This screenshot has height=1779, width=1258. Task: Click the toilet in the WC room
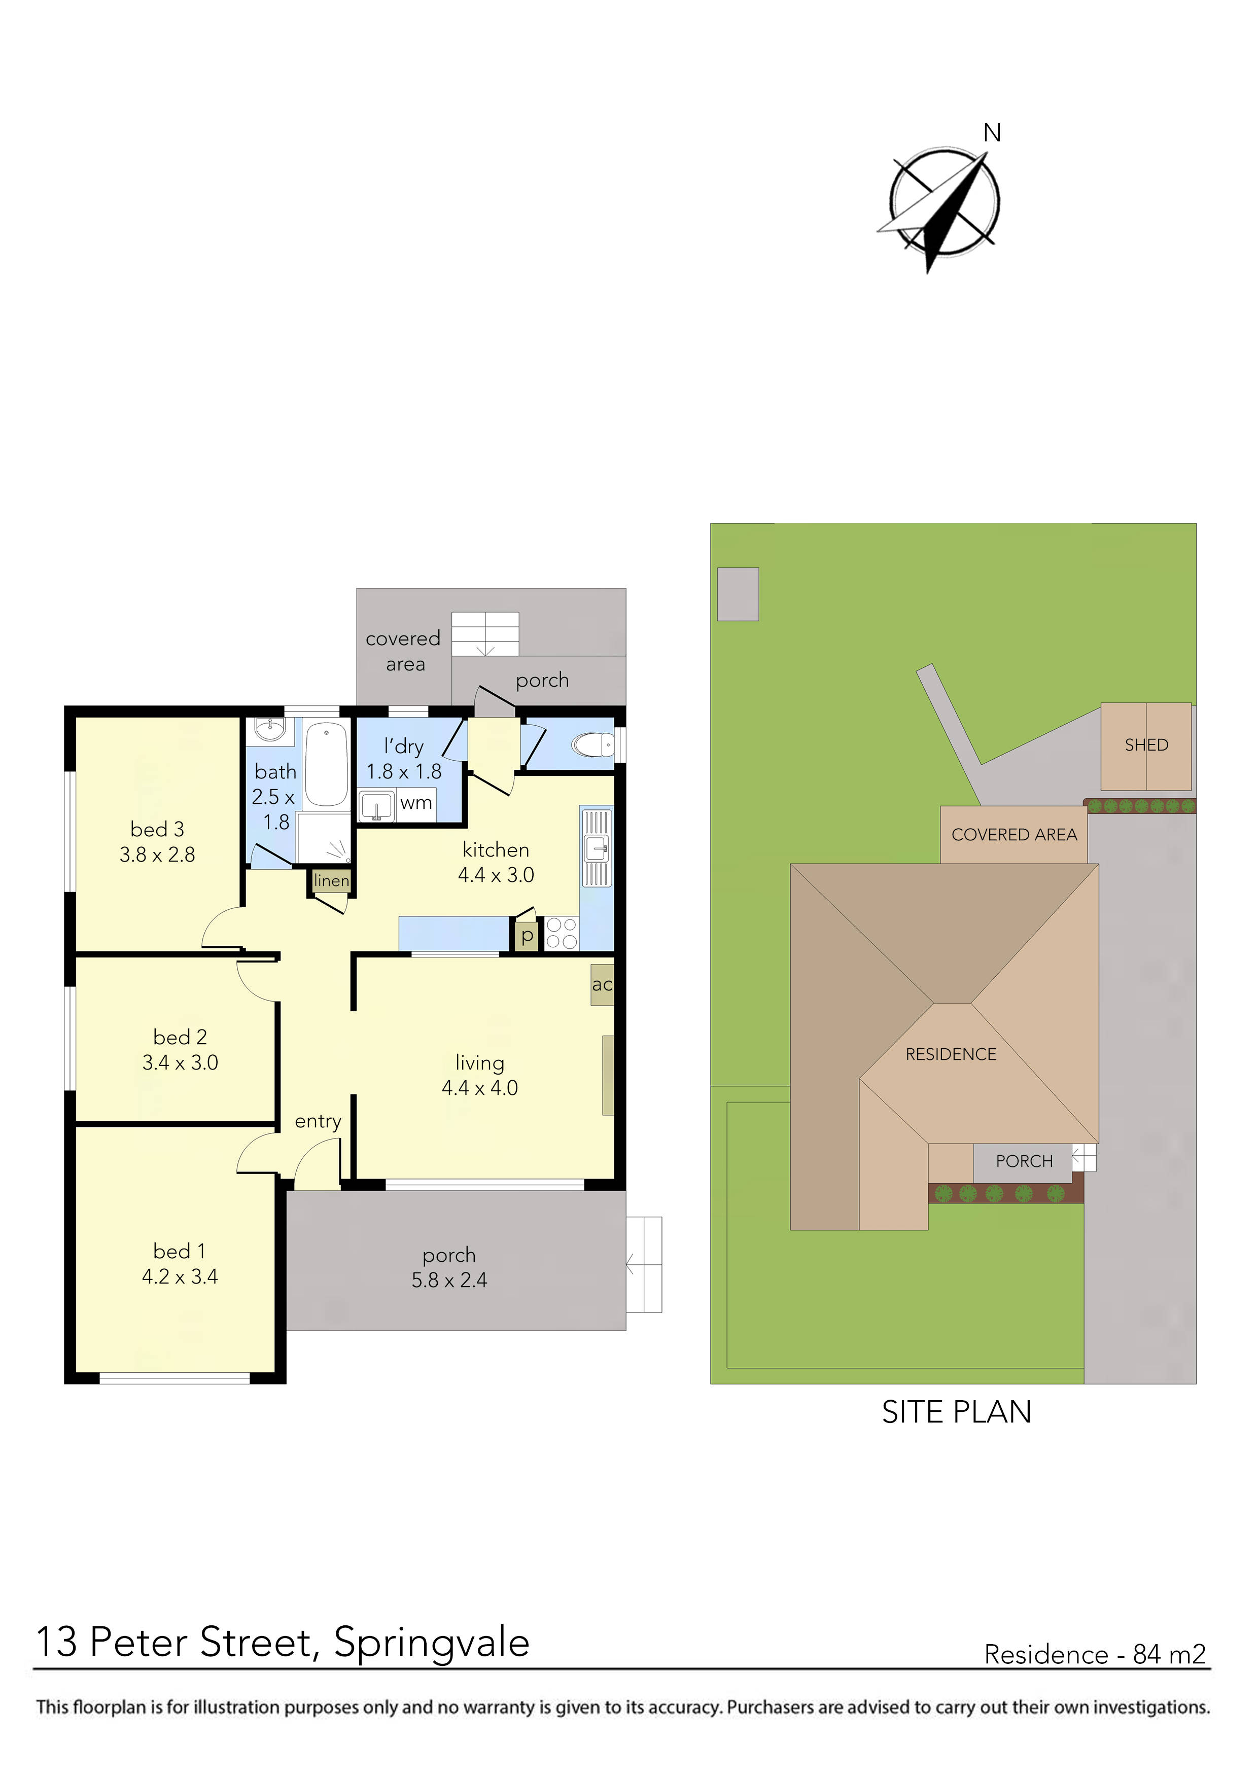pos(593,745)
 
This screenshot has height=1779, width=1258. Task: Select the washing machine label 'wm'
pos(416,803)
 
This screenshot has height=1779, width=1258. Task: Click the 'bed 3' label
pos(157,829)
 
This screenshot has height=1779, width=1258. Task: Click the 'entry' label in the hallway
pos(318,1121)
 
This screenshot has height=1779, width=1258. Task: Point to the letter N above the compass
pos(992,133)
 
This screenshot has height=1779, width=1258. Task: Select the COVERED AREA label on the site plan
pos(1014,835)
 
